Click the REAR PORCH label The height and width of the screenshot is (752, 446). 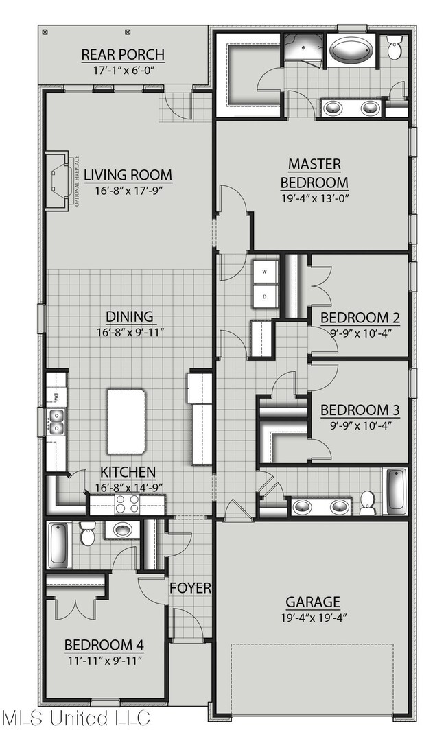point(123,54)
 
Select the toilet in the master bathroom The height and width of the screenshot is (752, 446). point(395,48)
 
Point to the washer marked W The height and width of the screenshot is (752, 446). point(265,272)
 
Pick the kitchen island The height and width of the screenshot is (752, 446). point(126,421)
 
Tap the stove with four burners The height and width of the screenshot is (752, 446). point(127,504)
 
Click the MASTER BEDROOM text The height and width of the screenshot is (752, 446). point(315,173)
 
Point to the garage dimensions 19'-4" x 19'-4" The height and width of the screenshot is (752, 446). point(313,618)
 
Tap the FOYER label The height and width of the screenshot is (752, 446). point(190,588)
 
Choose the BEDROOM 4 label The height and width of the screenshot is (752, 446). point(104,645)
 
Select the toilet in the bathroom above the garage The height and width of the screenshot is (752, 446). point(368,502)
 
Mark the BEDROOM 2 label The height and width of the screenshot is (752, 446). point(360,318)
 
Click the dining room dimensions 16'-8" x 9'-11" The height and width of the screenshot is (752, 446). point(129,333)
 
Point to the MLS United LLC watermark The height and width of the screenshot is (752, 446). point(75,718)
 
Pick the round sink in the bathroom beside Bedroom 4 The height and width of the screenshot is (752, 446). point(122,530)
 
